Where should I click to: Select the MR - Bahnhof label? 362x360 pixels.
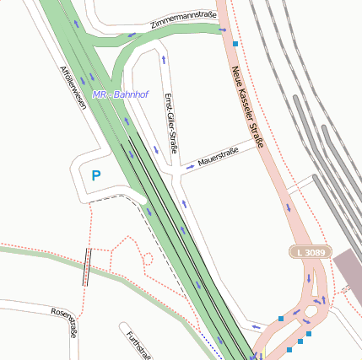click(120, 94)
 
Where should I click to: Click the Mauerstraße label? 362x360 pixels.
click(218, 155)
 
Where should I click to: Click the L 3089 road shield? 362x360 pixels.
click(311, 252)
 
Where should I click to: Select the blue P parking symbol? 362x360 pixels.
click(95, 176)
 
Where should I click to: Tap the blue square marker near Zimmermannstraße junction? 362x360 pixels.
click(235, 42)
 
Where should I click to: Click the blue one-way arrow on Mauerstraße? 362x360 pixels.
click(191, 166)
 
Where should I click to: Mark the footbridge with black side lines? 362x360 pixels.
click(86, 267)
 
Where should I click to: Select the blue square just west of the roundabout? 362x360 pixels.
click(281, 319)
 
